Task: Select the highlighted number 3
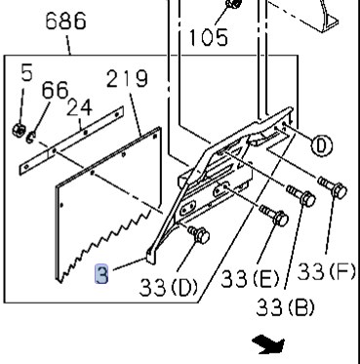101,275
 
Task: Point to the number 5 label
26,71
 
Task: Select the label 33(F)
326,270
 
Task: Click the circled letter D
320,146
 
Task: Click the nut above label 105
231,5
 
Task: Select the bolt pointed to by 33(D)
199,233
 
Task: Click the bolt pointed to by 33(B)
302,198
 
